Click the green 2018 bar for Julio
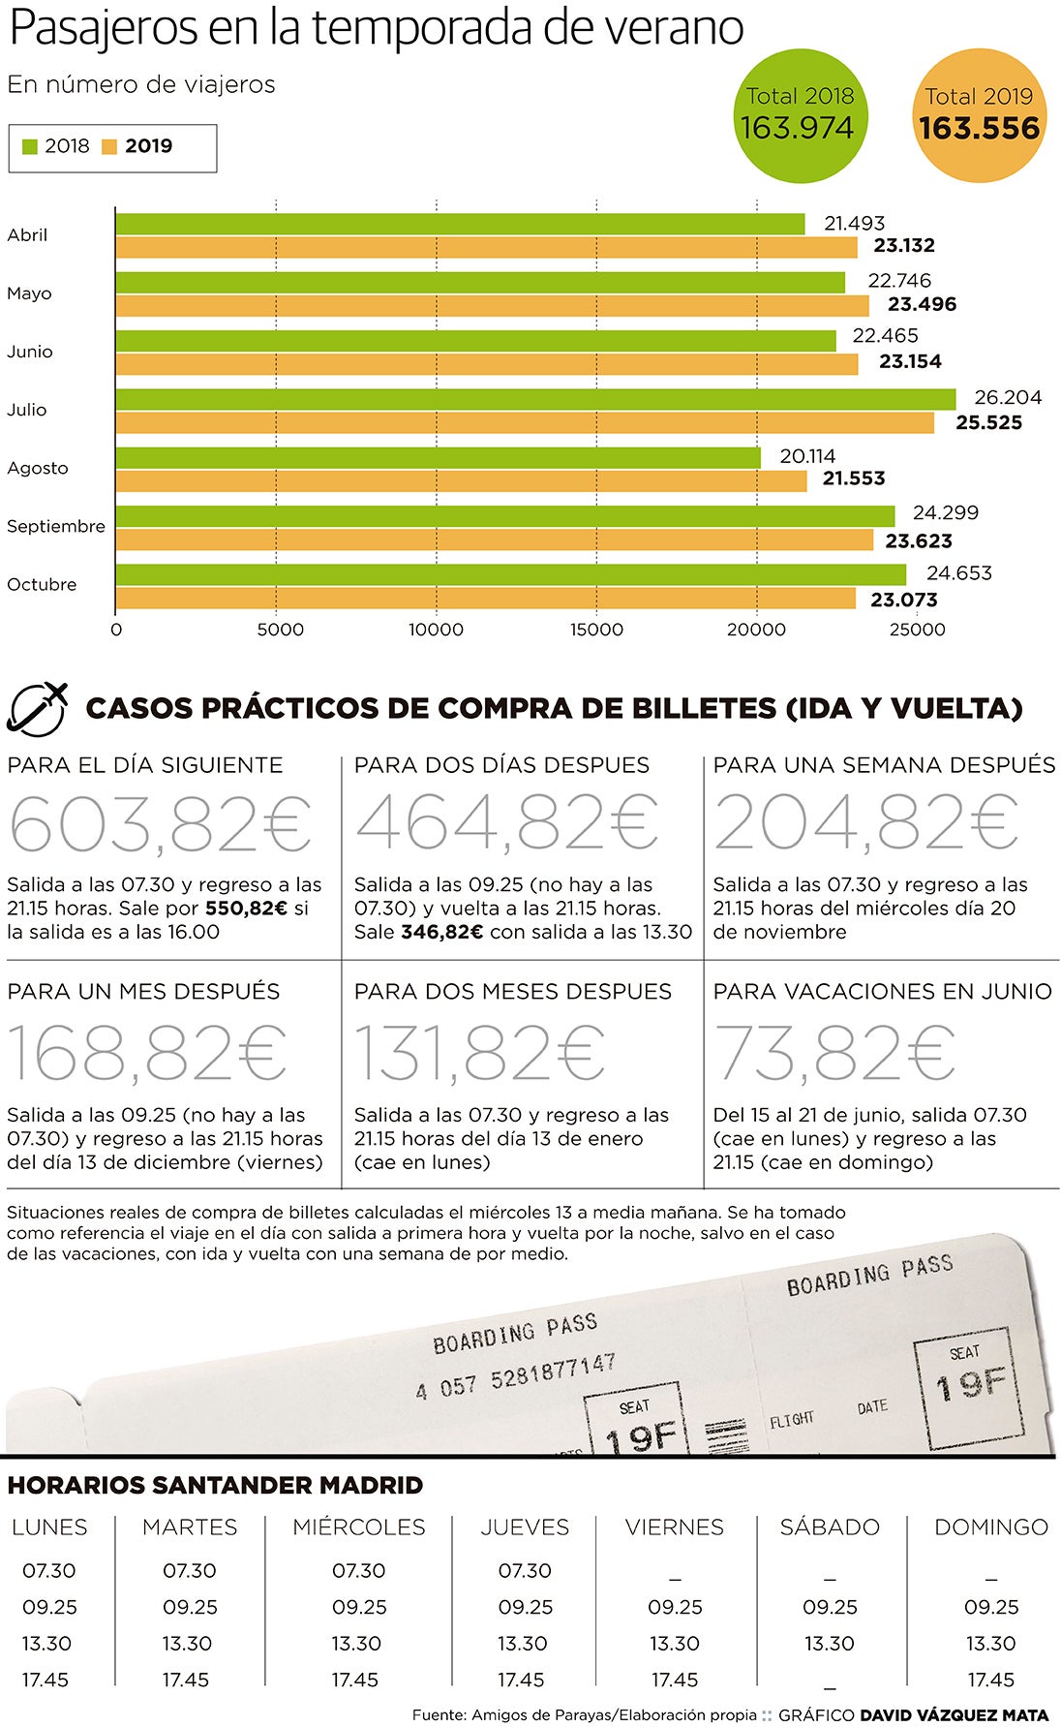535,399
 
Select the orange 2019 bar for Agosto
461,480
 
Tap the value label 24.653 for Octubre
958,572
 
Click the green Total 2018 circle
800,114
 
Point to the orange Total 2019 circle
979,114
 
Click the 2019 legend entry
136,146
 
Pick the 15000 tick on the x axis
596,630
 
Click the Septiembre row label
55,526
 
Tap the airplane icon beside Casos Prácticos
38,707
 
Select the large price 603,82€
161,823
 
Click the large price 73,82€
834,1053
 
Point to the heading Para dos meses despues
512,991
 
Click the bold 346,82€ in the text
441,932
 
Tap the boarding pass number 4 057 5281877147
515,1375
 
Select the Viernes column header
674,1527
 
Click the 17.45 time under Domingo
990,1680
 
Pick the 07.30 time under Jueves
524,1570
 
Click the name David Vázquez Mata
954,1714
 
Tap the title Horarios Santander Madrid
215,1485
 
